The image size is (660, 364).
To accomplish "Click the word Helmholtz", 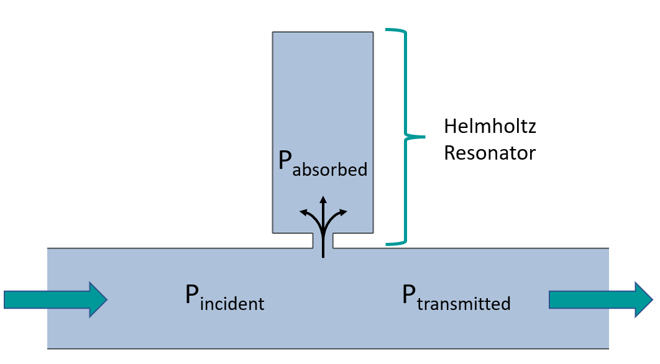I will tap(490, 127).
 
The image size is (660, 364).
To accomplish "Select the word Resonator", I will tap(490, 153).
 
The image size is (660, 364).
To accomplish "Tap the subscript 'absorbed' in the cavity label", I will tap(330, 169).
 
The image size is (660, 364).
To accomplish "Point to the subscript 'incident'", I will tap(232, 304).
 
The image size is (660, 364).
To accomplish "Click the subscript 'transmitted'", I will tap(464, 304).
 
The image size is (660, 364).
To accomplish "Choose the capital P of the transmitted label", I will tap(408, 294).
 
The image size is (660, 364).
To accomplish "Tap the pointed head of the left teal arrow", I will tap(99, 299).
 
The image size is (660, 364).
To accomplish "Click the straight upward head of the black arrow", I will tap(323, 199).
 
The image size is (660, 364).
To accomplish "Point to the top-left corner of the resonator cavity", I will tap(273, 32).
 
